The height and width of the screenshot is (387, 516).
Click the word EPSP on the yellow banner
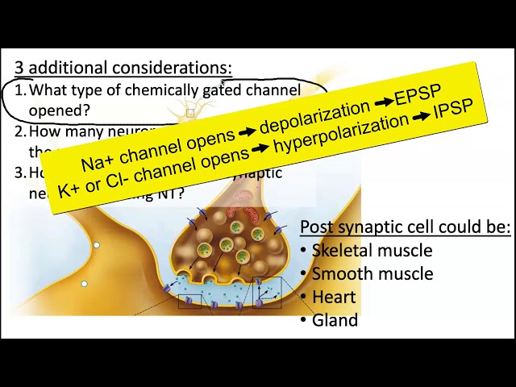[x=418, y=94]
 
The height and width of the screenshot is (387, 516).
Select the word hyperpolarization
[x=340, y=134]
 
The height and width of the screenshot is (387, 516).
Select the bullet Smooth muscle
[x=372, y=274]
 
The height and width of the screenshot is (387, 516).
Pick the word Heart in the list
[x=333, y=297]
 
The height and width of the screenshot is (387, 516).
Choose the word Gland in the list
[x=335, y=320]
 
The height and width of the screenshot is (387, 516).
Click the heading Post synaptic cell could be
[x=405, y=227]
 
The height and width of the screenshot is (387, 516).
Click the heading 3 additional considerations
[x=123, y=68]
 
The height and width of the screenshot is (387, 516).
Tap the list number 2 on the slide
[x=19, y=131]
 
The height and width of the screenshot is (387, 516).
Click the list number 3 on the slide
[x=19, y=173]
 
